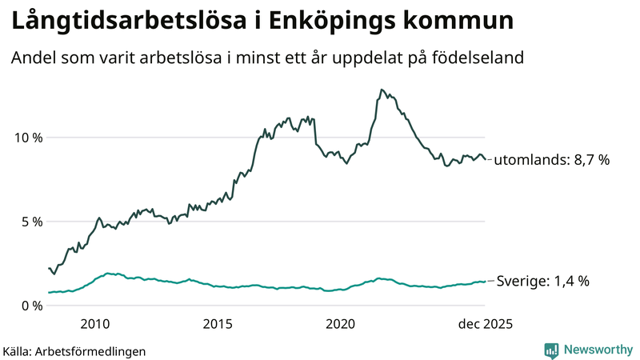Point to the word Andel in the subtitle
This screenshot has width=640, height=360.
30,58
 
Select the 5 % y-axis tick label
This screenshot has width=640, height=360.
30,222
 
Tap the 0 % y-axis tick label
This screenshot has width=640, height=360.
30,306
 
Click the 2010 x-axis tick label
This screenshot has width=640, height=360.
94,324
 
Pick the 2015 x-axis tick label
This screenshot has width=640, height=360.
218,324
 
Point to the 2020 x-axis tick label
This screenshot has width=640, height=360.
341,324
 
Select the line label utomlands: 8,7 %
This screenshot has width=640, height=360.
551,160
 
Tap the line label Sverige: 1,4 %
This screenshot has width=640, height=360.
543,282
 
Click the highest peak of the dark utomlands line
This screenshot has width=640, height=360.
382,90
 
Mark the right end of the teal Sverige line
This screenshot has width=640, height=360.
486,282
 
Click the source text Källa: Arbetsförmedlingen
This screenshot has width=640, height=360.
74,350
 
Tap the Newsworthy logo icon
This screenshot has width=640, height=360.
551,350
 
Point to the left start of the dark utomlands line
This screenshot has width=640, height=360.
49,268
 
